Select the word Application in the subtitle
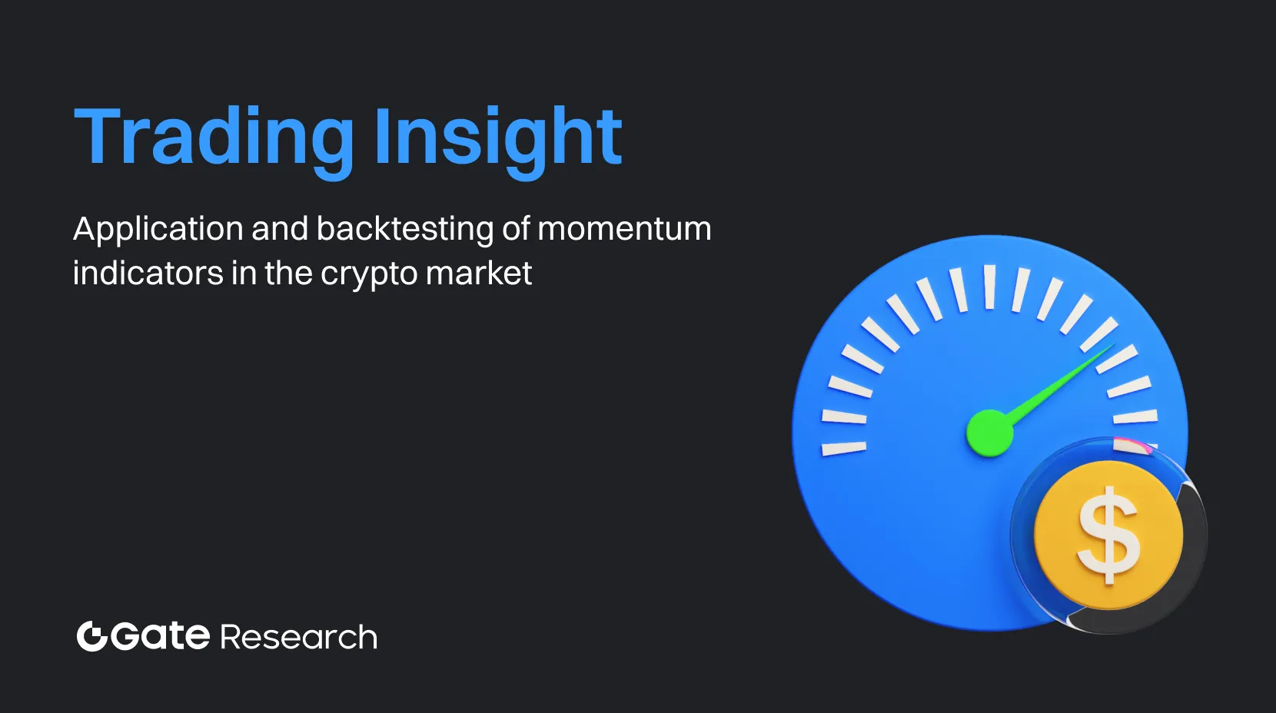pyautogui.click(x=158, y=229)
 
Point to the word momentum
pyautogui.click(x=624, y=229)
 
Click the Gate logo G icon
pyautogui.click(x=91, y=636)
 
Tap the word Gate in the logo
pyautogui.click(x=161, y=636)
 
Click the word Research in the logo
pyautogui.click(x=298, y=638)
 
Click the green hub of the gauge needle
pyautogui.click(x=989, y=433)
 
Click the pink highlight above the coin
pyautogui.click(x=1130, y=444)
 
